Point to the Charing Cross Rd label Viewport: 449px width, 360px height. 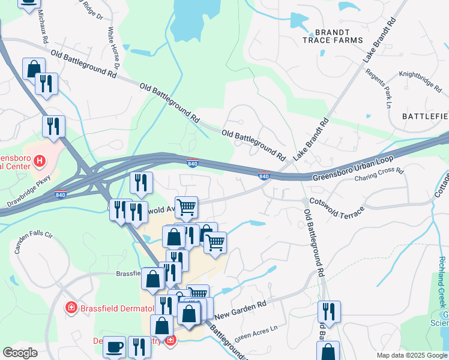coord(379,175)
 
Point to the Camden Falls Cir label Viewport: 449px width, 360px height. coord(34,242)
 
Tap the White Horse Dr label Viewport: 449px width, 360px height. coord(114,48)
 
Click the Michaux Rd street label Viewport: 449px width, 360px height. coord(43,27)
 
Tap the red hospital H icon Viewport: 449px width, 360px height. coord(40,161)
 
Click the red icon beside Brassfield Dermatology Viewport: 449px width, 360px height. coord(71,308)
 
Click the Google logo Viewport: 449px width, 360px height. coord(20,353)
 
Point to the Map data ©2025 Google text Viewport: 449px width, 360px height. coord(411,355)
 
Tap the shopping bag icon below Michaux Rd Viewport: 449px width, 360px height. coord(34,69)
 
